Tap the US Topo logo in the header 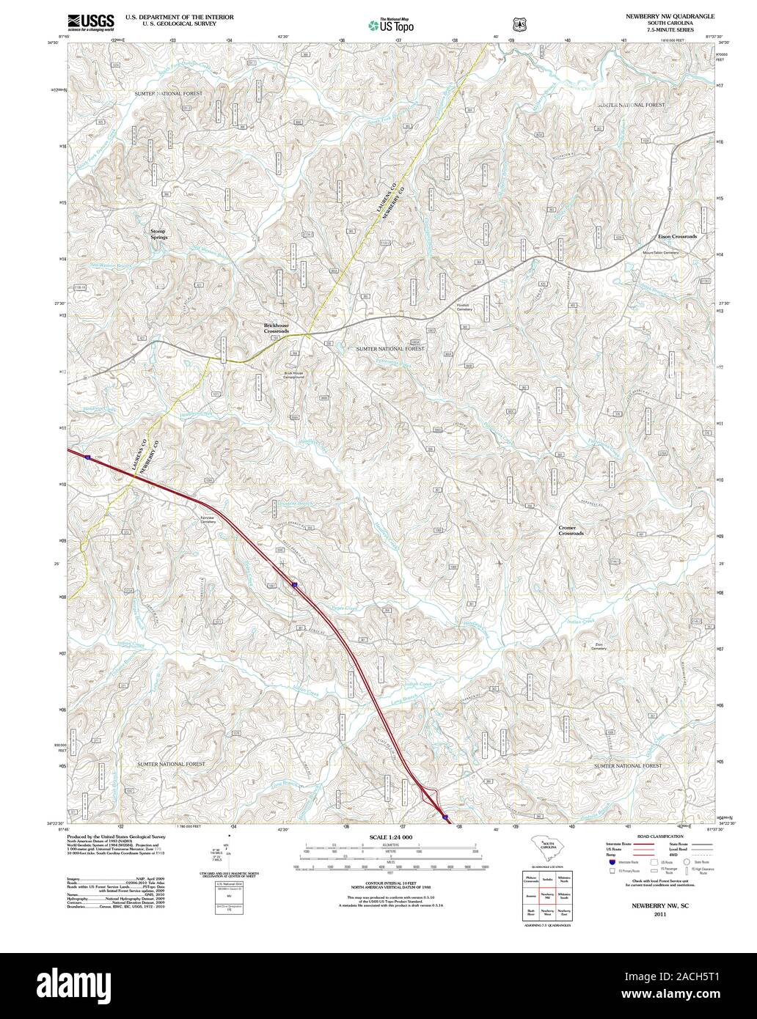click(391, 24)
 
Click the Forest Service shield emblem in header click(520, 24)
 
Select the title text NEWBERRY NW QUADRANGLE click(668, 15)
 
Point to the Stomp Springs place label click(158, 234)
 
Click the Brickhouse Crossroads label click(277, 328)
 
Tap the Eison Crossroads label click(676, 237)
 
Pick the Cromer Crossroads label click(571, 530)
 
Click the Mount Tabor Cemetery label click(660, 252)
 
